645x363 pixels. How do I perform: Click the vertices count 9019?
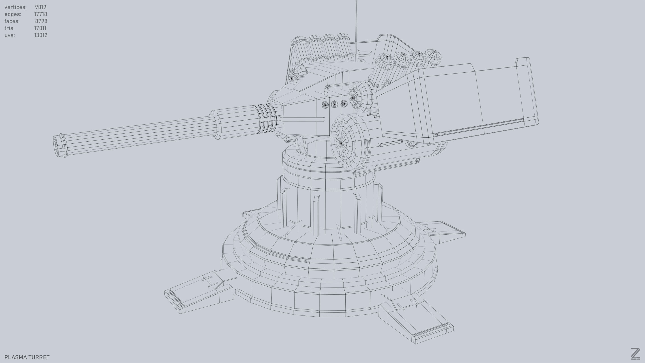[41, 7]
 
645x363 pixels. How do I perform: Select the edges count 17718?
[41, 14]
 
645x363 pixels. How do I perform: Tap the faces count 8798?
[41, 21]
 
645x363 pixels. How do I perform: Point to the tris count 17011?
[40, 28]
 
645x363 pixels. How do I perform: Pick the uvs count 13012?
[41, 35]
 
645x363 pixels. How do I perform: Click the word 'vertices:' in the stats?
[15, 7]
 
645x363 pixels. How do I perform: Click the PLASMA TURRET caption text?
[27, 357]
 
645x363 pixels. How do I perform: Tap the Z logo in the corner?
[635, 354]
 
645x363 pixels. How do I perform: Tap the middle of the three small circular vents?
[334, 104]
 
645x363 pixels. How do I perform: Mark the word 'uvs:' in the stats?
[9, 35]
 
